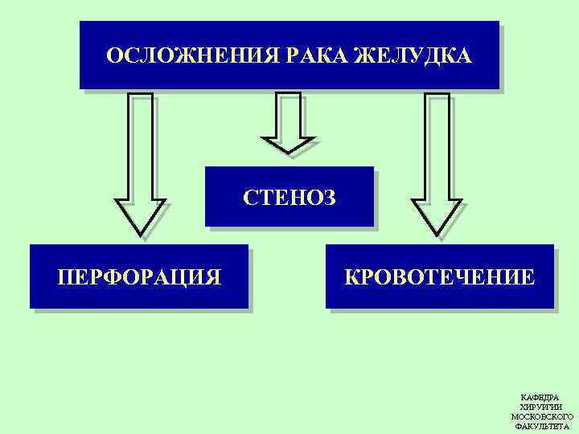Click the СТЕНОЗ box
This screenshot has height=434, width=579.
(289, 197)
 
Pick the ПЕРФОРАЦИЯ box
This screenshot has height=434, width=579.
(139, 277)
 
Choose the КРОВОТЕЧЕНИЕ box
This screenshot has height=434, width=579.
(439, 277)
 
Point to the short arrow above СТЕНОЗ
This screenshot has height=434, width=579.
(288, 121)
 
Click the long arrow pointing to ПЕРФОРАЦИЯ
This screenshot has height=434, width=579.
(140, 161)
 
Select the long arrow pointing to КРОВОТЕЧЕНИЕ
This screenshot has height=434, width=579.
(437, 161)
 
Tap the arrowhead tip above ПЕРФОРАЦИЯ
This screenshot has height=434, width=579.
(140, 235)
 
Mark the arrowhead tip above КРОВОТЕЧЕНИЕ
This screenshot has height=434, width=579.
(437, 235)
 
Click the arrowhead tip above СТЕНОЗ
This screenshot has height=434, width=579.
(288, 152)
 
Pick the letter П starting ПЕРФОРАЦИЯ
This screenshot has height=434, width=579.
(65, 278)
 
